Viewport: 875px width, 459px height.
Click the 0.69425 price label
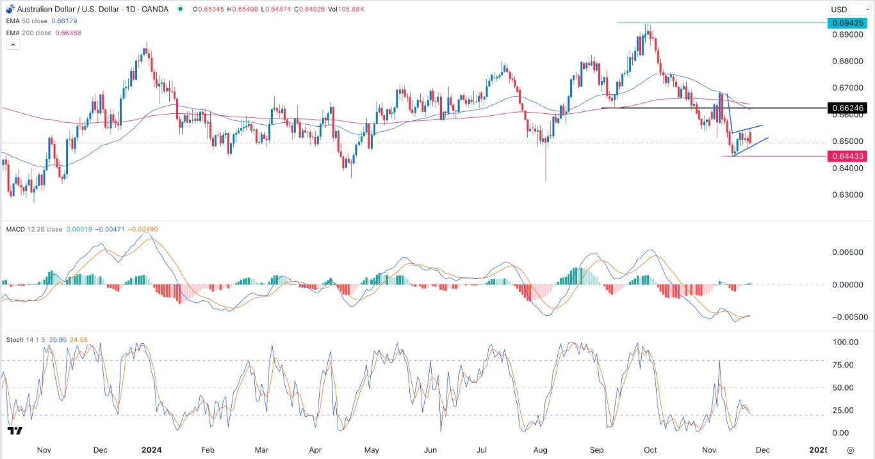847,23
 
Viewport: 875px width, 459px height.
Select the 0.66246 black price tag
847,108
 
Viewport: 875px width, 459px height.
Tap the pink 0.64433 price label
847,156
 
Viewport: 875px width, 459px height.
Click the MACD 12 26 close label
35,229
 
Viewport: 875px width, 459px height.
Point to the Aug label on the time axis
541,450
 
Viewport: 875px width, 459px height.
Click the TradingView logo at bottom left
15,431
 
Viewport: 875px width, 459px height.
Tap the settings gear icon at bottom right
851,450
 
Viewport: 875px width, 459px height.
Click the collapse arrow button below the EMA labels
13,45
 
